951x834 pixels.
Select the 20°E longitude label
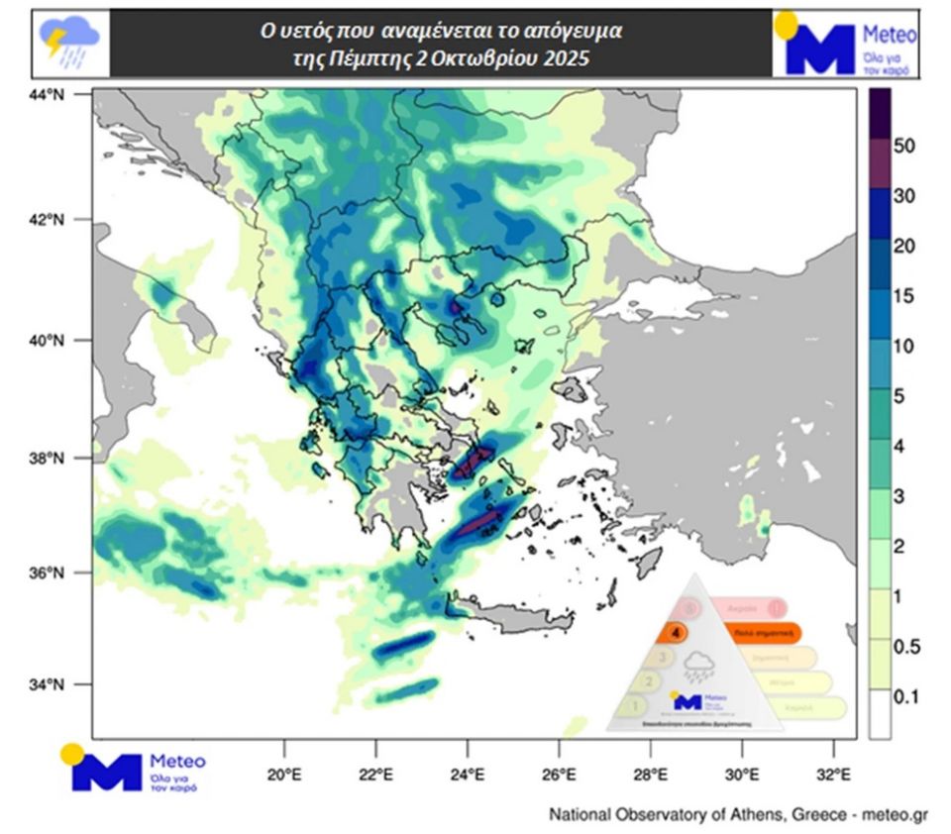point(284,774)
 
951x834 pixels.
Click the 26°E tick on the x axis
point(560,774)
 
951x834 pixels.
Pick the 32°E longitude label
point(836,774)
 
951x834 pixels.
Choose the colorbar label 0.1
point(905,697)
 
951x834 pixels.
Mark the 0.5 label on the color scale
point(905,647)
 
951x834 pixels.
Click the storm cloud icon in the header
point(69,42)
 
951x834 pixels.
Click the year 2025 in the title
point(567,58)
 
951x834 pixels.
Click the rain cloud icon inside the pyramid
point(701,667)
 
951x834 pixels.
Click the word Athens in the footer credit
point(756,815)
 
